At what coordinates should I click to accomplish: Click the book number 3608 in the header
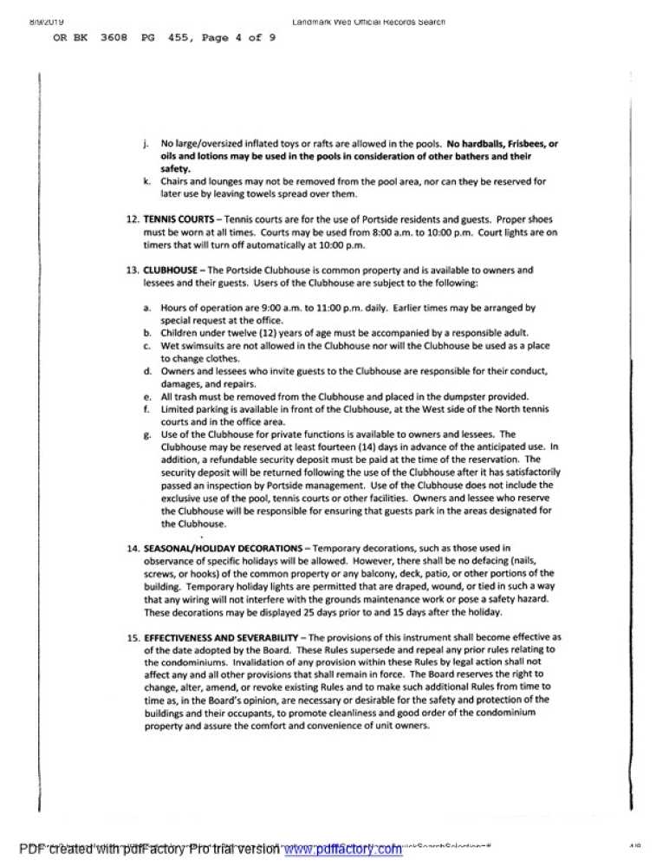coord(114,39)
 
